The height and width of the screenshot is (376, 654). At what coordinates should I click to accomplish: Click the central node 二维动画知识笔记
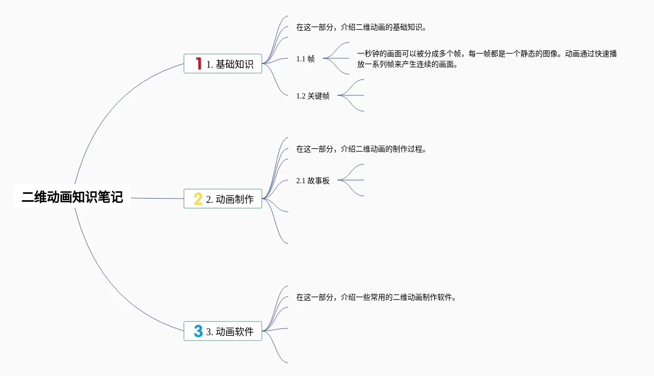(72, 198)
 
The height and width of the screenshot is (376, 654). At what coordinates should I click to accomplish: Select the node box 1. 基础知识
(223, 64)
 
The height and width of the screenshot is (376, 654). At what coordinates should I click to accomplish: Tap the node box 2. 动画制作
(223, 199)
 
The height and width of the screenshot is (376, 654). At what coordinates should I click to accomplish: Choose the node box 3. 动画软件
(223, 332)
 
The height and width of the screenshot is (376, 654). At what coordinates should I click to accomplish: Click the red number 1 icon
(198, 64)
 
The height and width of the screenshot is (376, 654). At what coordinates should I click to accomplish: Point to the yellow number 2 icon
(198, 199)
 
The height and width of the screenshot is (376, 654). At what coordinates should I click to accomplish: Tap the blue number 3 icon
(198, 332)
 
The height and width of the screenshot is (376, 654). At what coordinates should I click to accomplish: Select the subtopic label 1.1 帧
(305, 59)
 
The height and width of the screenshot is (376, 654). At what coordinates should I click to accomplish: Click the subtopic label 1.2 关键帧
(313, 96)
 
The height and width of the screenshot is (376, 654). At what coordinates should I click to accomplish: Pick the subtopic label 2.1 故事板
(313, 181)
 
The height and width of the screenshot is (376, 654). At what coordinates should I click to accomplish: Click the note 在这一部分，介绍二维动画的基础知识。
(361, 27)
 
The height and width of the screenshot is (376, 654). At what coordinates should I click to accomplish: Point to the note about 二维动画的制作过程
(361, 149)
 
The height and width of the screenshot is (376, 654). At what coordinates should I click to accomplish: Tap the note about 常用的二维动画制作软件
(376, 297)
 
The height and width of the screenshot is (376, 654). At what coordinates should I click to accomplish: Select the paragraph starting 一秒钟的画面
(487, 59)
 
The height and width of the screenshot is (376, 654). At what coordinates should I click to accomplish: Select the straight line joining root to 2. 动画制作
(157, 199)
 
